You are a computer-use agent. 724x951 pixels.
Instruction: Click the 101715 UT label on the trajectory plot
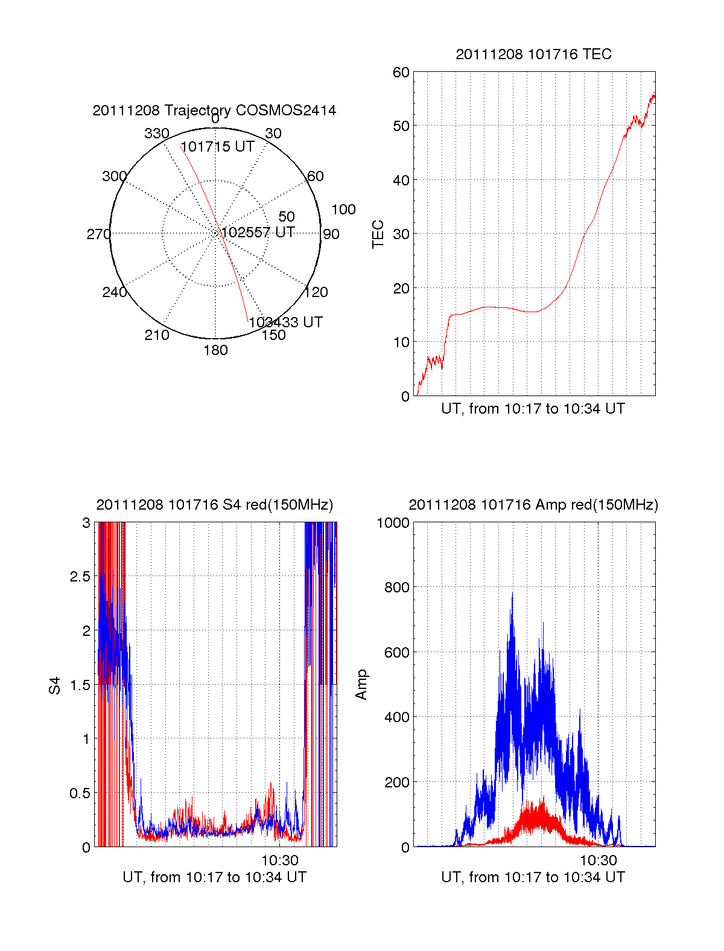pyautogui.click(x=217, y=147)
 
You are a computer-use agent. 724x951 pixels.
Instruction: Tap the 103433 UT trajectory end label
pyautogui.click(x=285, y=322)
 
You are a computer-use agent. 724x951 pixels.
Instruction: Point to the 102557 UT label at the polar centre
pyautogui.click(x=258, y=232)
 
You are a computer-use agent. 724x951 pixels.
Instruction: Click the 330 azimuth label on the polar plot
pyautogui.click(x=156, y=133)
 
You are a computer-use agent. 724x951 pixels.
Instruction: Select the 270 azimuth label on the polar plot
pyautogui.click(x=98, y=234)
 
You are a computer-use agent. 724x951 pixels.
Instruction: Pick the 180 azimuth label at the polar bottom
pyautogui.click(x=215, y=350)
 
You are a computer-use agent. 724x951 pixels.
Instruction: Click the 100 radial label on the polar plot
pyautogui.click(x=343, y=210)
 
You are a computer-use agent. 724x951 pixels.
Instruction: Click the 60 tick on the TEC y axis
pyautogui.click(x=401, y=72)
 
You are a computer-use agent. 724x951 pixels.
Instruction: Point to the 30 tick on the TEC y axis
pyautogui.click(x=401, y=234)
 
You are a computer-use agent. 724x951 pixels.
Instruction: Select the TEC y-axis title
pyautogui.click(x=378, y=234)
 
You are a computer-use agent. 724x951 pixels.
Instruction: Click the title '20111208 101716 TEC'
pyautogui.click(x=533, y=54)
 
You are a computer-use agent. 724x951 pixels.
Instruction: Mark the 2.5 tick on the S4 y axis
pyautogui.click(x=80, y=577)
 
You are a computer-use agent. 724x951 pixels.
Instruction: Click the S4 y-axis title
pyautogui.click(x=55, y=685)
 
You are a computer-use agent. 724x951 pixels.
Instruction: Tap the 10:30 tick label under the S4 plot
pyautogui.click(x=279, y=860)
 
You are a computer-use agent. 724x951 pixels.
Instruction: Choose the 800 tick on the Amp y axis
pyautogui.click(x=396, y=587)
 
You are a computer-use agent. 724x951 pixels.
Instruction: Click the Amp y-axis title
pyautogui.click(x=361, y=685)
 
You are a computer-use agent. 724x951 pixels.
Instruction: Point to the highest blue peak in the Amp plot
pyautogui.click(x=512, y=594)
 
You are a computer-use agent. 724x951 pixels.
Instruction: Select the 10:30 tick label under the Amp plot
pyautogui.click(x=599, y=860)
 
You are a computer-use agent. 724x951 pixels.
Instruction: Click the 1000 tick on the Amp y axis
pyautogui.click(x=393, y=522)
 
